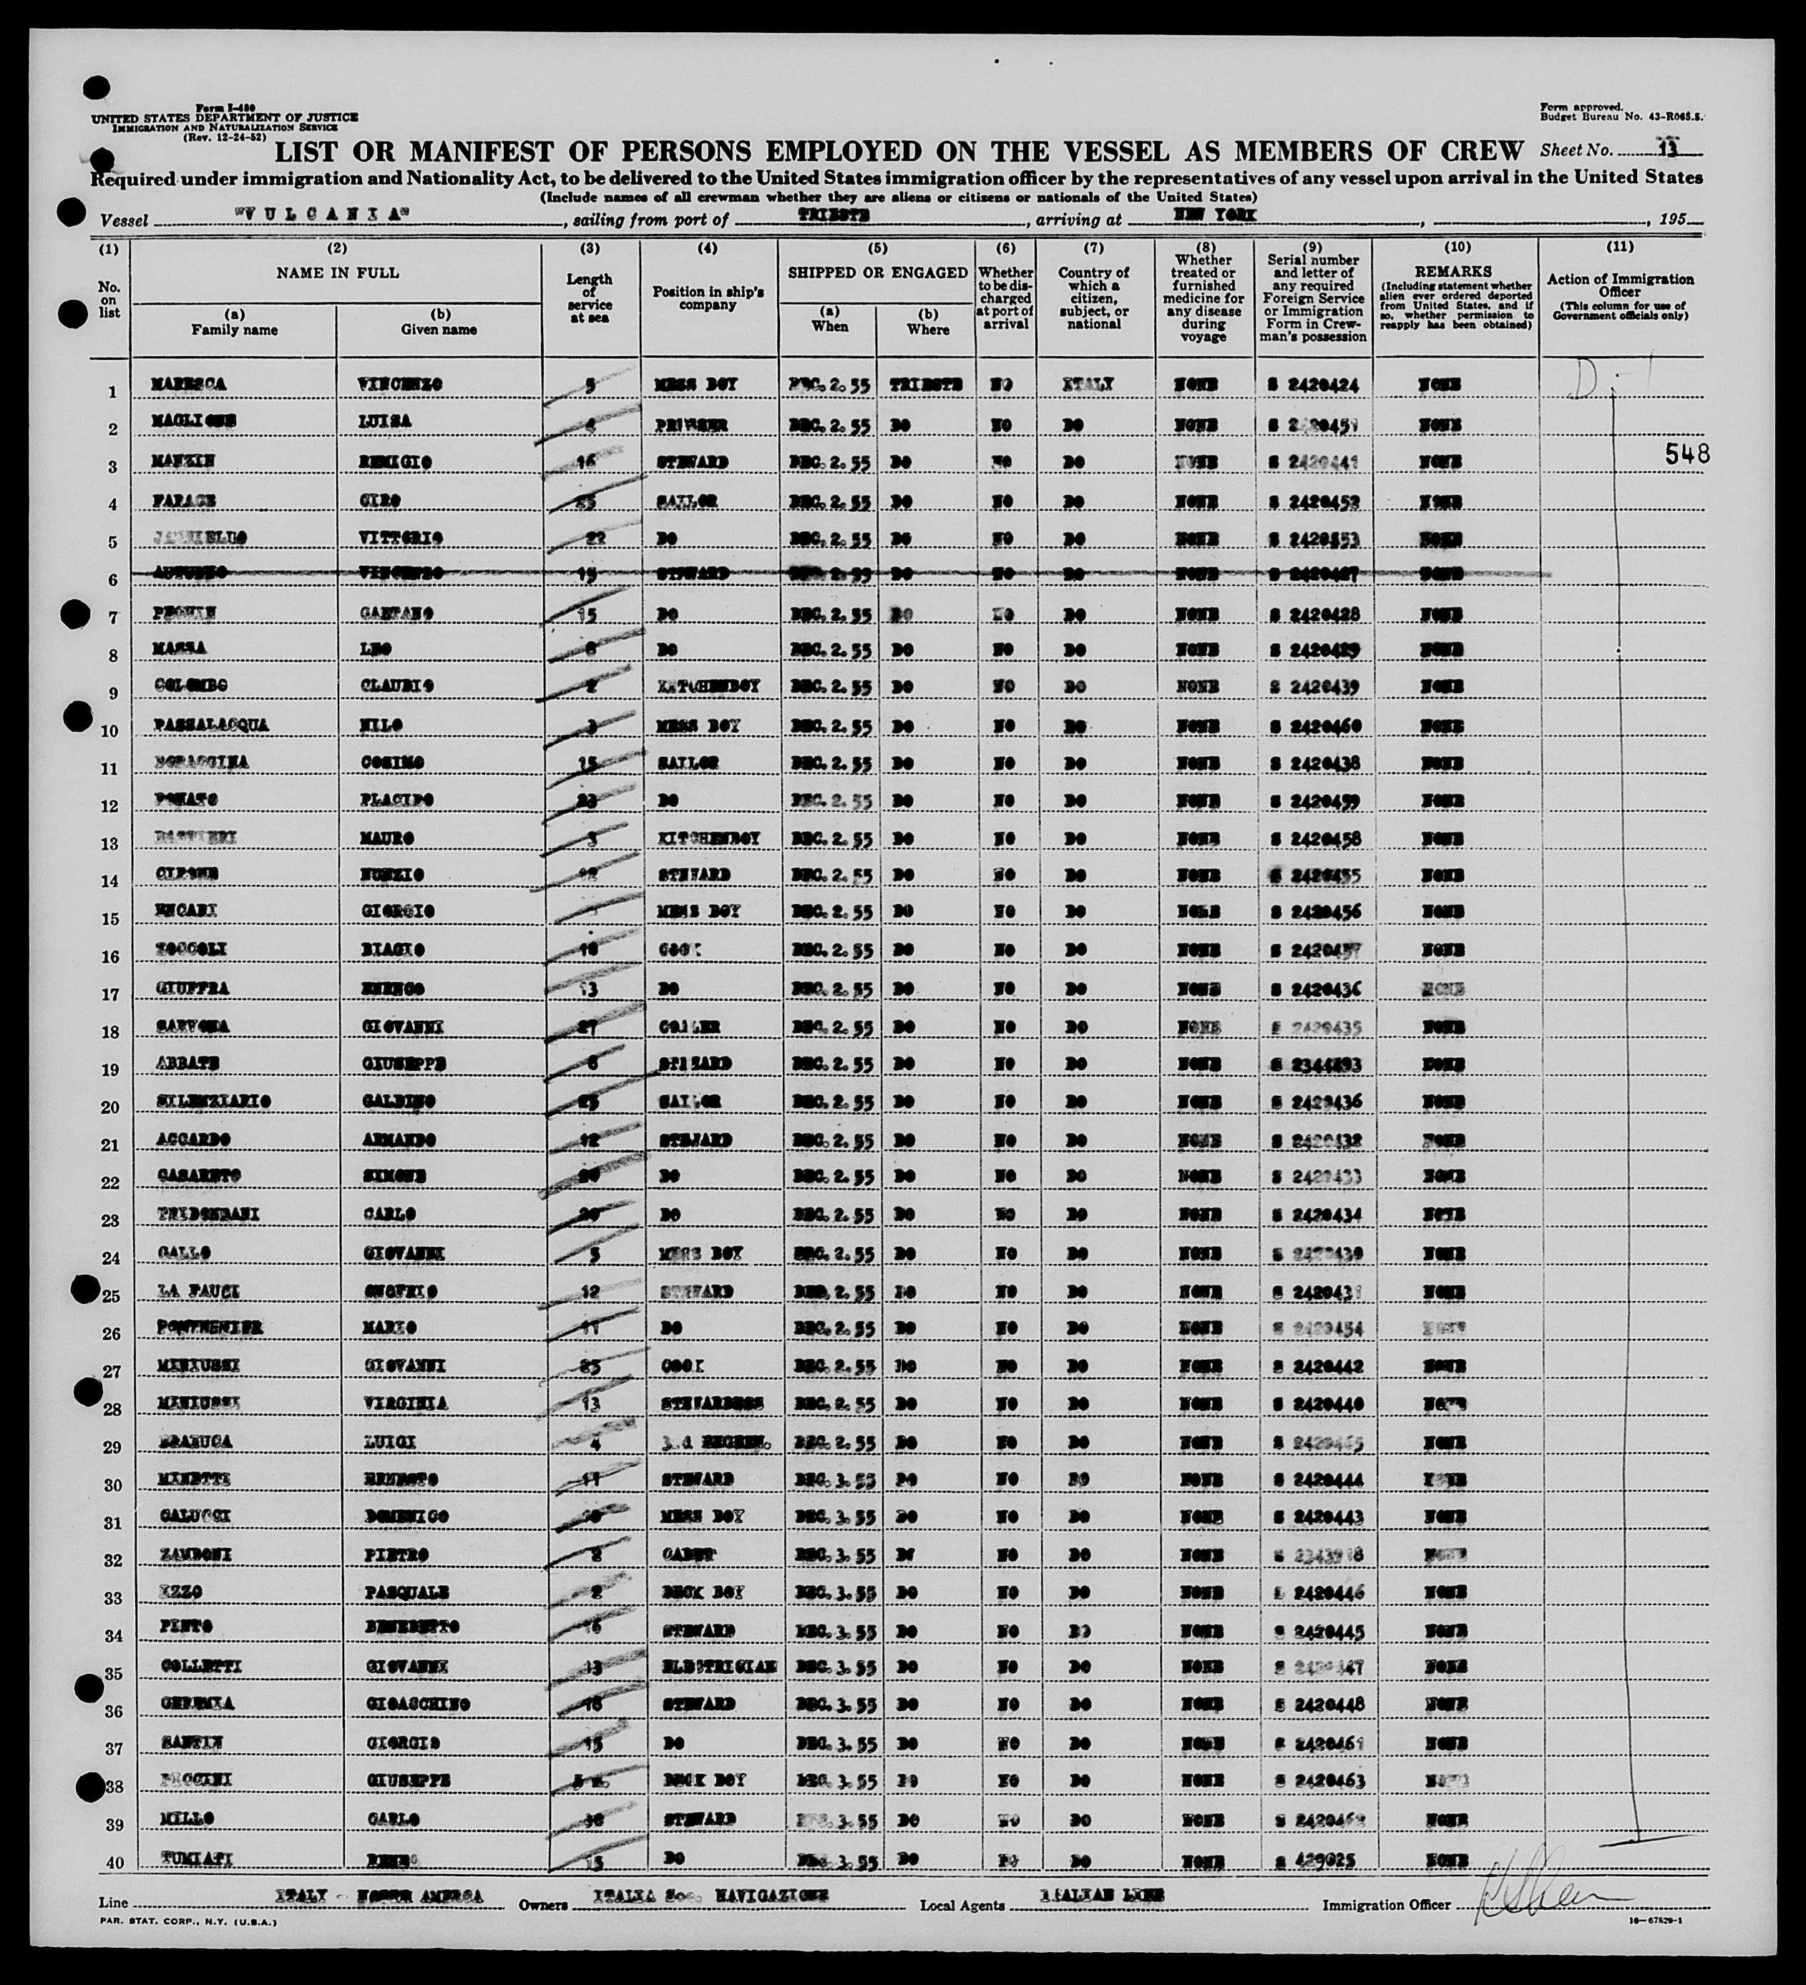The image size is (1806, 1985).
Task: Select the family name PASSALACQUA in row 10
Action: pos(211,725)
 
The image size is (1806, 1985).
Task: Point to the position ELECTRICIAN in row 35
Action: pos(717,1666)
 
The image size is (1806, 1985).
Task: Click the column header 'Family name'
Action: pos(235,330)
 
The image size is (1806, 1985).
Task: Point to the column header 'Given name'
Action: pos(439,330)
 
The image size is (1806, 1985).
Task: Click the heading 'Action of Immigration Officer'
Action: pos(1620,285)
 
